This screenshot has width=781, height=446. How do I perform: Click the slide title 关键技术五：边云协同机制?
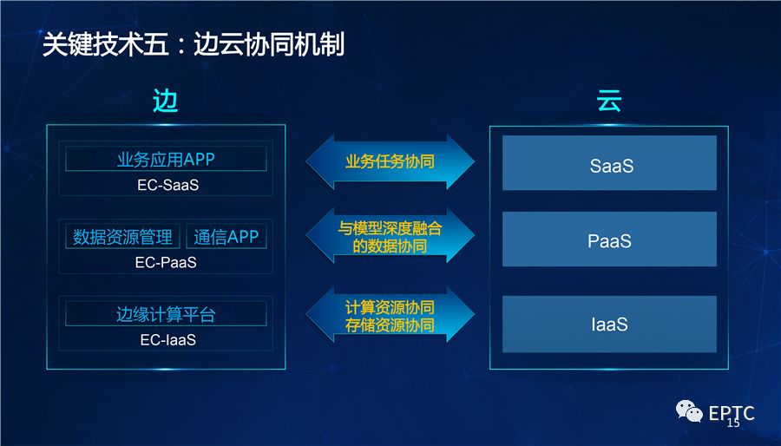[x=194, y=44]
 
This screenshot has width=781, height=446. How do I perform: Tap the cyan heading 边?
[x=165, y=102]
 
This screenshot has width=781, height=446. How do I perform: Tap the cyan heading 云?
[x=608, y=102]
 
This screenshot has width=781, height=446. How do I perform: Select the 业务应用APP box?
[x=165, y=160]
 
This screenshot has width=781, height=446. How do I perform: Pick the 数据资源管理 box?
[x=122, y=237]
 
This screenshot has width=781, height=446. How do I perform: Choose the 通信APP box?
[x=226, y=237]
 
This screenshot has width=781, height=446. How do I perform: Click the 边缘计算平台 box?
[x=165, y=314]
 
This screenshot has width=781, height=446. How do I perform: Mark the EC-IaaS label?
[x=167, y=340]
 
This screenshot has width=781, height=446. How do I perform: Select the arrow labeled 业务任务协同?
[x=390, y=162]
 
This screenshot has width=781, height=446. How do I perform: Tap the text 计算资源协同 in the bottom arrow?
[x=390, y=308]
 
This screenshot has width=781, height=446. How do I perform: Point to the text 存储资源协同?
[x=390, y=326]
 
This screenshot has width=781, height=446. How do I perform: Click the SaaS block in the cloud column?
[x=609, y=163]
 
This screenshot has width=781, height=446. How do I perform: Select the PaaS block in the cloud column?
[x=609, y=239]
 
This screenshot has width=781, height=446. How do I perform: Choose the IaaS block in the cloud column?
[x=609, y=325]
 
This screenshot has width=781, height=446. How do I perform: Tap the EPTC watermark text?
[x=731, y=413]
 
